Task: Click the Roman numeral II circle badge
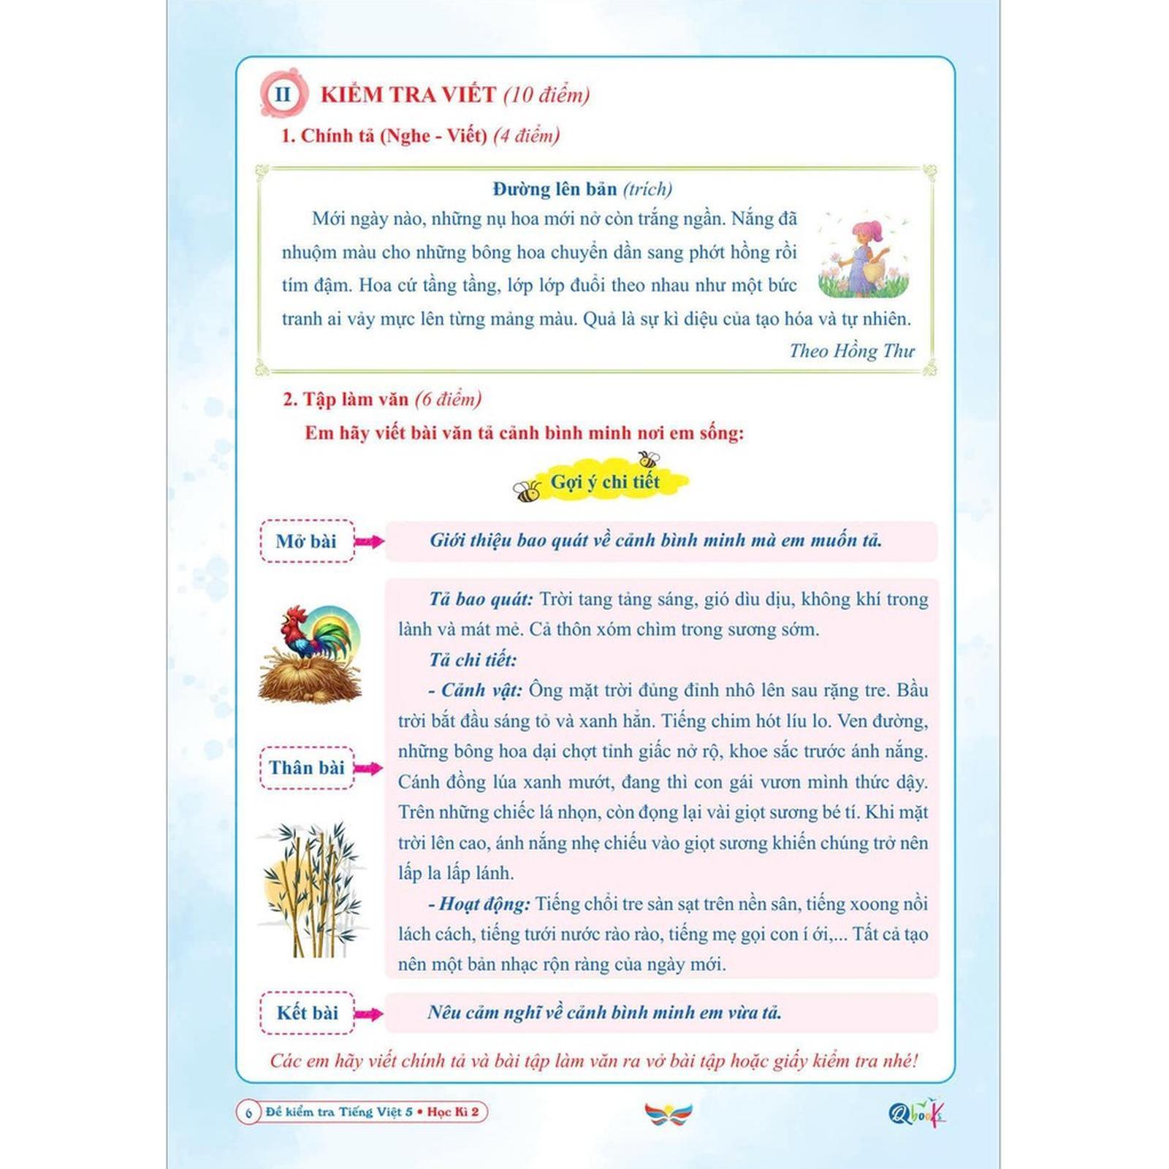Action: pyautogui.click(x=282, y=94)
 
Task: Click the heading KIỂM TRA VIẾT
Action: pyautogui.click(x=408, y=94)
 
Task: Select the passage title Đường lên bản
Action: pyautogui.click(x=555, y=189)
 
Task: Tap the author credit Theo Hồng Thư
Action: pyautogui.click(x=851, y=351)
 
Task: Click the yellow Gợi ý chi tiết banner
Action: pyautogui.click(x=605, y=482)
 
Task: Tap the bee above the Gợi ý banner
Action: pyautogui.click(x=648, y=460)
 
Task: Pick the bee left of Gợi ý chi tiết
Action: pyautogui.click(x=527, y=492)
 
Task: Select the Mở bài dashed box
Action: pyautogui.click(x=307, y=541)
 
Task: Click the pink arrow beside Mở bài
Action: pyautogui.click(x=369, y=541)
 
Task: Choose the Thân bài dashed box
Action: pyautogui.click(x=307, y=768)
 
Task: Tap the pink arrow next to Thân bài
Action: pyautogui.click(x=368, y=768)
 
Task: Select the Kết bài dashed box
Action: pyautogui.click(x=307, y=1013)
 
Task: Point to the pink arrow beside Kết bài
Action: pyautogui.click(x=368, y=1013)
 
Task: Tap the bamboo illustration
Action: pyautogui.click(x=313, y=890)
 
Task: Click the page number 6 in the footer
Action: pyautogui.click(x=248, y=1113)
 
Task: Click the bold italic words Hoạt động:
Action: pyautogui.click(x=485, y=905)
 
